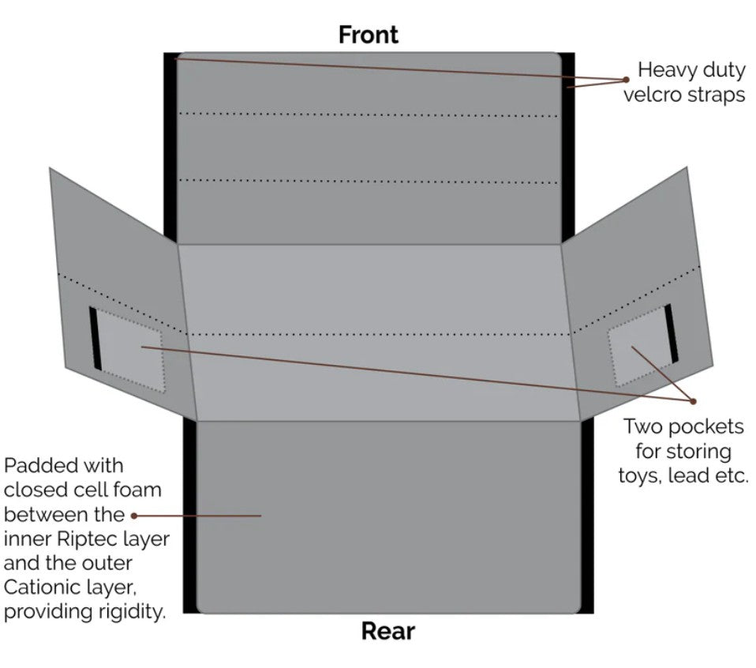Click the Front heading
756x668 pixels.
click(x=368, y=35)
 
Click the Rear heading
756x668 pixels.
click(x=387, y=631)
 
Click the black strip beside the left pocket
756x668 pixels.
click(x=95, y=338)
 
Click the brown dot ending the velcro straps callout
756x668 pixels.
click(x=626, y=79)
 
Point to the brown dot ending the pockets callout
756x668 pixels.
click(x=692, y=400)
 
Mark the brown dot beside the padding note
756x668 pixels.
click(x=134, y=516)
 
